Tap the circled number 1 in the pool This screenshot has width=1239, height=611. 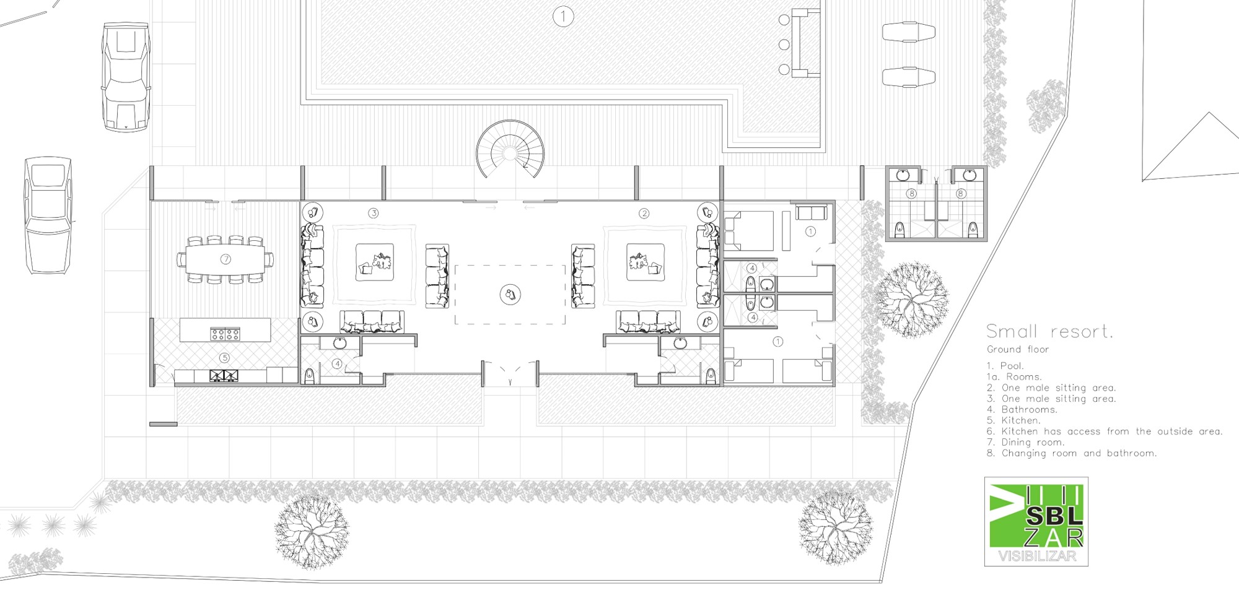[x=563, y=16]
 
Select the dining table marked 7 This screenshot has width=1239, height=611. [x=225, y=259]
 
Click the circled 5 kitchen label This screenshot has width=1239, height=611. [x=225, y=358]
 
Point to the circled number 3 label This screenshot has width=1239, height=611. [x=373, y=213]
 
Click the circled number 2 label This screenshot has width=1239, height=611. [x=644, y=213]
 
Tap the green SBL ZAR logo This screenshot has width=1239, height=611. [x=1036, y=521]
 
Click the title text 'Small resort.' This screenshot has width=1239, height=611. [x=1050, y=331]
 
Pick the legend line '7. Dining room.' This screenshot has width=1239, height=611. [x=1025, y=442]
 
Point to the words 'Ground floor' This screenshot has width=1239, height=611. [x=1018, y=349]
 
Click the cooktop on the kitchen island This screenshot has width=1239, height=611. [x=225, y=334]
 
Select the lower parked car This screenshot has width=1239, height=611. [x=48, y=215]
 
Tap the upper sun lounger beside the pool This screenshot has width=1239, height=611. [x=908, y=32]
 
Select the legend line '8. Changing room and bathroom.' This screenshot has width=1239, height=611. [x=1072, y=453]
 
